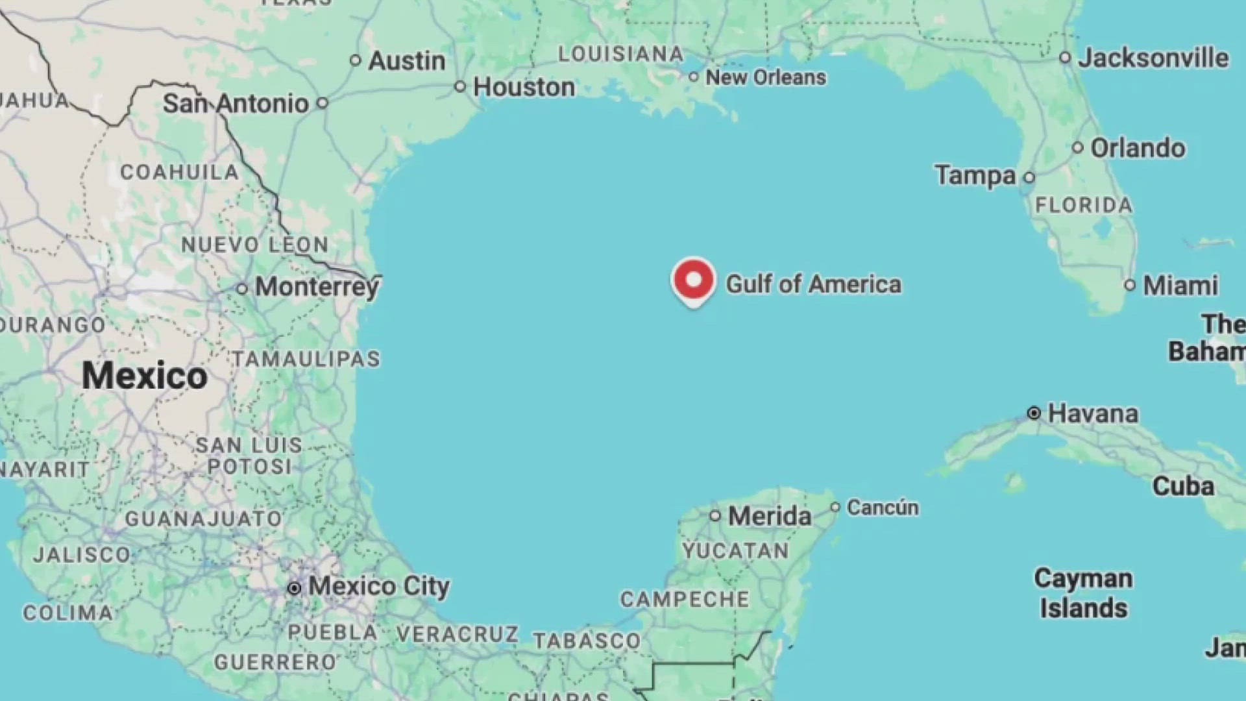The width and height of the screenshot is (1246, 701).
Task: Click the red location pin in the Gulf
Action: coord(693,280)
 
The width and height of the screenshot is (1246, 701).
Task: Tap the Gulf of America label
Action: coord(813,284)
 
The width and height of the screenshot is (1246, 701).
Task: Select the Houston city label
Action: coord(524,87)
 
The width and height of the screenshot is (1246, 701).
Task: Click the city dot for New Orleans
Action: coord(694,77)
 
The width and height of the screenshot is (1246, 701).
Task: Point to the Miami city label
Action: coord(1180,286)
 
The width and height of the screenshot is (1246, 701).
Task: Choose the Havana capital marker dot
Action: coord(1034,413)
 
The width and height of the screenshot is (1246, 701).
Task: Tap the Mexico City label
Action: coord(378,587)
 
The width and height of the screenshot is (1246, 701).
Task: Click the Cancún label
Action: coord(883,508)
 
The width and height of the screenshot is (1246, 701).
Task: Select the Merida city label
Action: coord(770,517)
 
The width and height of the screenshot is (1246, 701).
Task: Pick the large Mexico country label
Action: coord(144,376)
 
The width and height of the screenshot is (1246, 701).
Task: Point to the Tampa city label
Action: coord(975,175)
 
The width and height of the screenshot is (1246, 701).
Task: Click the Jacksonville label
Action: coord(1153,58)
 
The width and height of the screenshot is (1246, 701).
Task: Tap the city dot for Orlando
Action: coord(1078,148)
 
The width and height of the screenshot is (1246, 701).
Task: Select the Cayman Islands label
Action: coord(1083,593)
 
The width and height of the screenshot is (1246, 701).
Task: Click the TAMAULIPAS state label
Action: coord(306,359)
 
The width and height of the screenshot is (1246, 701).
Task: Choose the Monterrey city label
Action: coord(317,287)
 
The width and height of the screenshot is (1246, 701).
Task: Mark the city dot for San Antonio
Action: coord(323,103)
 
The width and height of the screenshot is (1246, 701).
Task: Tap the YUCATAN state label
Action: coord(735,551)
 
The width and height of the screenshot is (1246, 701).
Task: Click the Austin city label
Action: coord(407,61)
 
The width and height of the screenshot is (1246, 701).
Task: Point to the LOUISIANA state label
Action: coord(620,54)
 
